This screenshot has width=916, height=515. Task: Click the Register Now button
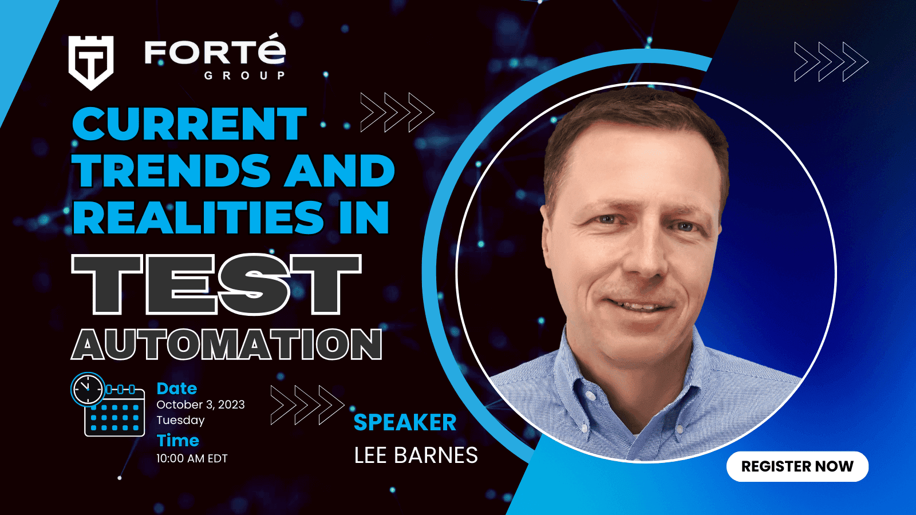pyautogui.click(x=797, y=466)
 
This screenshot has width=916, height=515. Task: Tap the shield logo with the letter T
pyautogui.click(x=91, y=62)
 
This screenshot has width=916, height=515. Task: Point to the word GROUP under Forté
pyautogui.click(x=244, y=76)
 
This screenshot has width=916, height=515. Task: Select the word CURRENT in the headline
pyautogui.click(x=189, y=124)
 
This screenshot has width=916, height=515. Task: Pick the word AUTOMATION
pyautogui.click(x=227, y=344)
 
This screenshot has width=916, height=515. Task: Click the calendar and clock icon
pyautogui.click(x=108, y=404)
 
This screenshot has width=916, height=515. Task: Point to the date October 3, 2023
pyautogui.click(x=200, y=405)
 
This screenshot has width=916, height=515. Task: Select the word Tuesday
pyautogui.click(x=180, y=420)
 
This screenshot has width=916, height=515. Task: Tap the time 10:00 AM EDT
pyautogui.click(x=192, y=458)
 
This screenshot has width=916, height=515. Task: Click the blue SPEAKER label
pyautogui.click(x=405, y=422)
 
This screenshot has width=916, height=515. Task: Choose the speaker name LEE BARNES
pyautogui.click(x=416, y=455)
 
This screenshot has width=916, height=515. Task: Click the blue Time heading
pyautogui.click(x=178, y=441)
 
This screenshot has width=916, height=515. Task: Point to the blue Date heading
pyautogui.click(x=177, y=389)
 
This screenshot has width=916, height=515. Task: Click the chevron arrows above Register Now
pyautogui.click(x=831, y=62)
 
